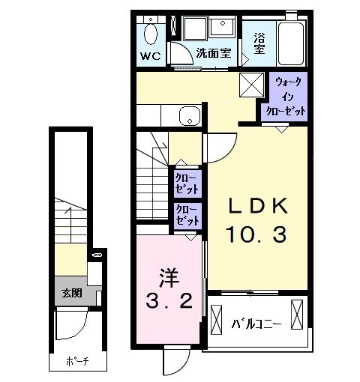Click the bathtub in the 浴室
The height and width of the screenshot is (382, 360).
point(290,43)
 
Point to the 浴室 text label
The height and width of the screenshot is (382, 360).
point(259,43)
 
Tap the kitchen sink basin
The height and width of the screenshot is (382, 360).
point(188,116)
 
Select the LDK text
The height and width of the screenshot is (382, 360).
point(257,205)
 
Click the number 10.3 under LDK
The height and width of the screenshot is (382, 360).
point(256,236)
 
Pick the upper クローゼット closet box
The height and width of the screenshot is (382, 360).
point(187,183)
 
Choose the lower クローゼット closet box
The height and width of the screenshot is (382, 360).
point(187,216)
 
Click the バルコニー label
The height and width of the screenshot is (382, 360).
point(256,324)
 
